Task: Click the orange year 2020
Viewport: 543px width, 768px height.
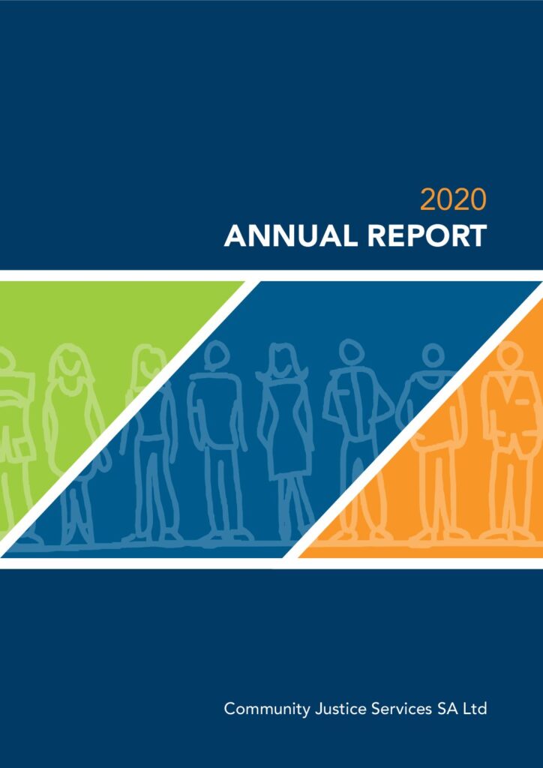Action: click(x=453, y=200)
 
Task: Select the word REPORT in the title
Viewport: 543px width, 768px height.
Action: click(x=427, y=236)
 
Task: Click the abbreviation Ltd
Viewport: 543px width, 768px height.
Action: click(x=475, y=709)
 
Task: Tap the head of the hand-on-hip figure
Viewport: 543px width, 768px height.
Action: click(x=351, y=351)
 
